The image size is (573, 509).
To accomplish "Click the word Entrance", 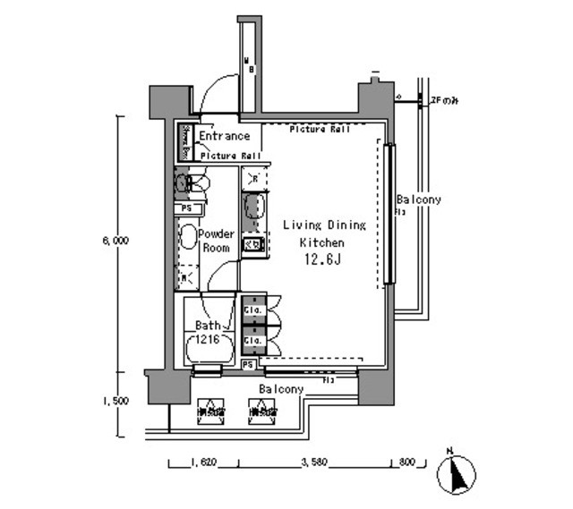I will click(x=224, y=137).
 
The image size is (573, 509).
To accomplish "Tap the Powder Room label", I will click(x=216, y=241).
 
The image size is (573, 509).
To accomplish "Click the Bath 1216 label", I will click(x=210, y=334).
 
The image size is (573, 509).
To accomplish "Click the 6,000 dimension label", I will click(x=115, y=241).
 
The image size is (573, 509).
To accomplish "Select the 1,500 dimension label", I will click(x=115, y=400).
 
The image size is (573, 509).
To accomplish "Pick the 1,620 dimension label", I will click(x=203, y=462).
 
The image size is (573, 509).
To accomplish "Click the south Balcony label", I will click(x=281, y=389).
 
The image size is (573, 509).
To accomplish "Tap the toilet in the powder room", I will click(x=192, y=184).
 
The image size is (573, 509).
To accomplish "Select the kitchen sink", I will click(x=253, y=207).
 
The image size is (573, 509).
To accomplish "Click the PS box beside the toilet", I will click(x=185, y=208).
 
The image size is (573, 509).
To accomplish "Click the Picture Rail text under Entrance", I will click(x=230, y=156).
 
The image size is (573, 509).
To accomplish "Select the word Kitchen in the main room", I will click(x=321, y=242).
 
